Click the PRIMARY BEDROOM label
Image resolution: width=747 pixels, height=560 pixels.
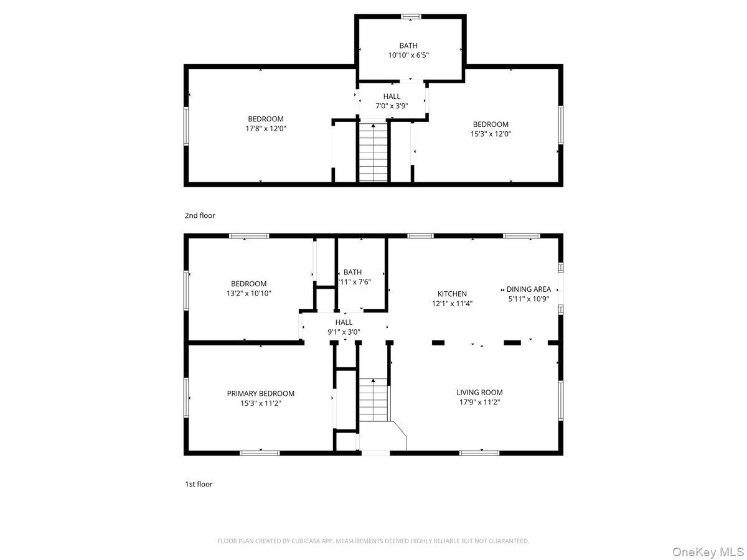click(x=260, y=393)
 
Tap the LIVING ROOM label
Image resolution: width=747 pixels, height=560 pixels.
click(x=479, y=392)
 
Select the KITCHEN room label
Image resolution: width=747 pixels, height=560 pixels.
click(x=452, y=294)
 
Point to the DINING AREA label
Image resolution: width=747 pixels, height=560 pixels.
click(x=529, y=289)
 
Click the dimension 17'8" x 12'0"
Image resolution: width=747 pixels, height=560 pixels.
click(x=266, y=128)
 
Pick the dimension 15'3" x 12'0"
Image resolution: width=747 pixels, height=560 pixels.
click(x=491, y=133)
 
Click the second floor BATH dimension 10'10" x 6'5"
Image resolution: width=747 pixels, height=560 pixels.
click(x=408, y=55)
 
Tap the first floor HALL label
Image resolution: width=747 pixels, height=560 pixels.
click(x=344, y=322)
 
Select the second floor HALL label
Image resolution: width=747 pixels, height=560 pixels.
click(x=392, y=96)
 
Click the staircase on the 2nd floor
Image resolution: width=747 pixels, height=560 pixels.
click(x=374, y=152)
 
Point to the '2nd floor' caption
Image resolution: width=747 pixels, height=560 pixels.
click(x=200, y=215)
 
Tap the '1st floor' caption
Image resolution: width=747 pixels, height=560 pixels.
click(x=199, y=483)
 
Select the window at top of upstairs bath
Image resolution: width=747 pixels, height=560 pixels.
click(x=410, y=16)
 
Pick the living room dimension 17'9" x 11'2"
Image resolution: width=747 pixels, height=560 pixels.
click(x=479, y=402)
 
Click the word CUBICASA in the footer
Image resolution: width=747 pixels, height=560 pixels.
click(x=306, y=541)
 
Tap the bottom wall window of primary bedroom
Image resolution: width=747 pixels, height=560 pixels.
click(x=260, y=453)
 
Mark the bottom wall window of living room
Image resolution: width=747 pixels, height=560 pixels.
click(x=479, y=453)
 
